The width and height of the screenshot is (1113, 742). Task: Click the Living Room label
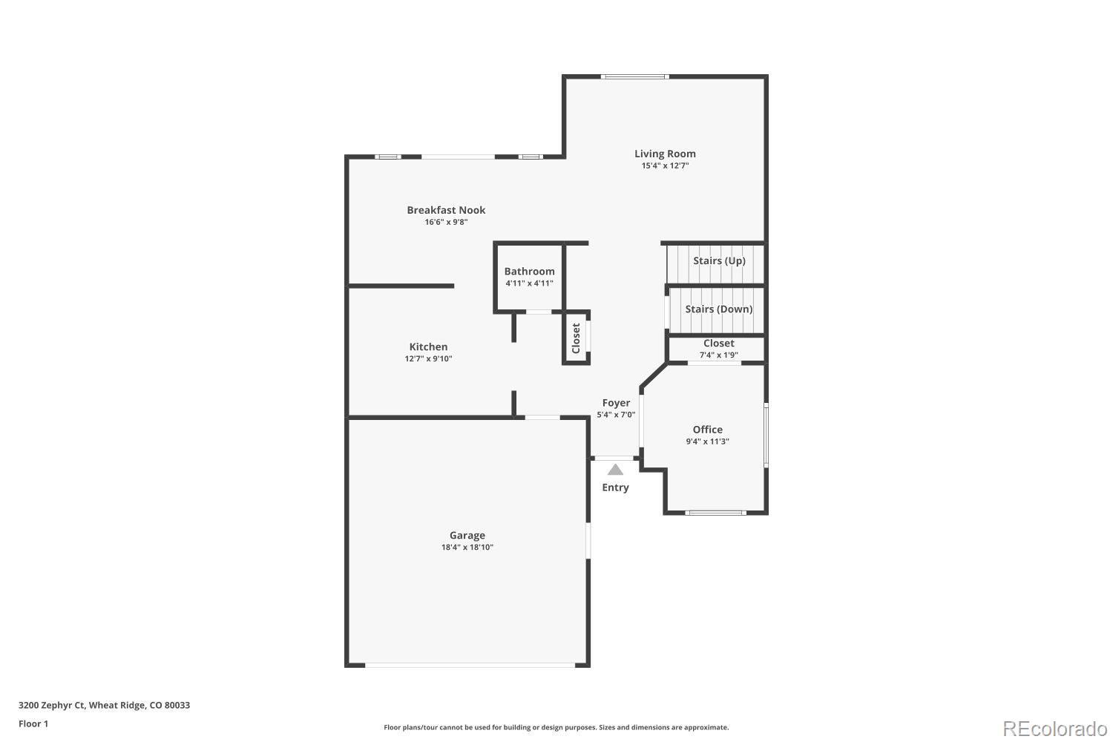point(665,154)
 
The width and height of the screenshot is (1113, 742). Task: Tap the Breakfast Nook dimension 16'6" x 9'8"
point(446,222)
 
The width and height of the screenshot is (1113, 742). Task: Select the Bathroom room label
point(529,272)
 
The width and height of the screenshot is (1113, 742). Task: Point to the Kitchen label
point(428,347)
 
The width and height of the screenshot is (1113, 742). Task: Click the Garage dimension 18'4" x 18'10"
point(467,548)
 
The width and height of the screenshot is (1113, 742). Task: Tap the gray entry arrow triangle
point(615,469)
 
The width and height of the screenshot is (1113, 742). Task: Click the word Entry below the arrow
point(615,487)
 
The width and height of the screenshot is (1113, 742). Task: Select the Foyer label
point(616,403)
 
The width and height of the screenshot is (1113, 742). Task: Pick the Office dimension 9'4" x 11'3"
point(707,441)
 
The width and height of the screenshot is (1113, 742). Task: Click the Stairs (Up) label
point(719,260)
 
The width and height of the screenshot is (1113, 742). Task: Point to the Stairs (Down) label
point(718,309)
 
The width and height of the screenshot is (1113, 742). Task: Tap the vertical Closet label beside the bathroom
point(576,338)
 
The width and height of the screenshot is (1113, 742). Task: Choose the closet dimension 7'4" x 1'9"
point(718,355)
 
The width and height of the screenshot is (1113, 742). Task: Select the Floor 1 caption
point(33,723)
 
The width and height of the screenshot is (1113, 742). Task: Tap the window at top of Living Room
point(634,76)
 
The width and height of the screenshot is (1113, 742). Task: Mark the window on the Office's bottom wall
point(715,512)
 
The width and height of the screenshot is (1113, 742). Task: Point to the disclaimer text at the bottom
point(556,727)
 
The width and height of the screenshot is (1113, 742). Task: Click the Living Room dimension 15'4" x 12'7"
point(665,165)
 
